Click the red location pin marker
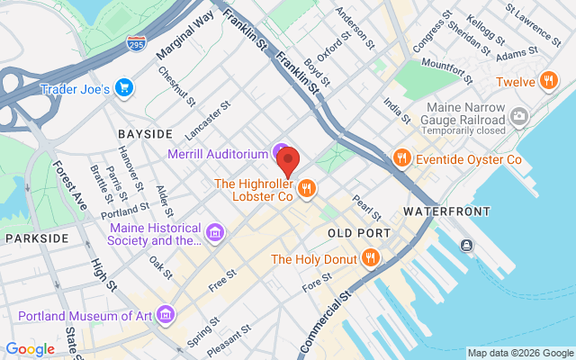289,161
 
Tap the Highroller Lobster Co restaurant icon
307,188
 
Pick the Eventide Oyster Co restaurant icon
402,159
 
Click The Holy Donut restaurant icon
370,259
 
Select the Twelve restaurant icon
546,81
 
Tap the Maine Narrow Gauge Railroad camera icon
518,116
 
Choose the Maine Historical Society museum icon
215,234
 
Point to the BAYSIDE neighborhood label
144,133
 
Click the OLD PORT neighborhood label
359,233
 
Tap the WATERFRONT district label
447,211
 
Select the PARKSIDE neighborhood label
37,238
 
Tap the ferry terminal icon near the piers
467,245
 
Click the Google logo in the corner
30,348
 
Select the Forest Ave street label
68,185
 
